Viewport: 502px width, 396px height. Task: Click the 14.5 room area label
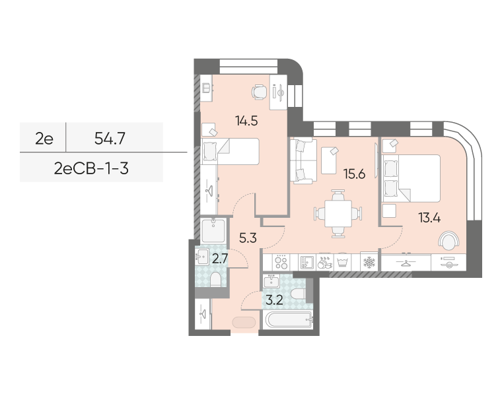point(246,121)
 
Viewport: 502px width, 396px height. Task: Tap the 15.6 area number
point(354,174)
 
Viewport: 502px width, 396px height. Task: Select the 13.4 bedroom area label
point(429,218)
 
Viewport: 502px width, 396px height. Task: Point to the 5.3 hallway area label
point(248,238)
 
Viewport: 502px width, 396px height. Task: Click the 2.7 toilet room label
point(220,259)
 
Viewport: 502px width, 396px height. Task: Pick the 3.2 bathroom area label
point(274,300)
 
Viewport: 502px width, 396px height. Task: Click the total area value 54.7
point(110,139)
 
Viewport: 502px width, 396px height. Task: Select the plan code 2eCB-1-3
point(91,168)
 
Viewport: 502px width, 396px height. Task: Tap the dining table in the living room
point(338,214)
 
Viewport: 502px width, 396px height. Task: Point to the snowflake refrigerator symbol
point(369,263)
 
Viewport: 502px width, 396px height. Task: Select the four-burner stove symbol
point(281,262)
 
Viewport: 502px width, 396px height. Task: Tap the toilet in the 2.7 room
point(215,280)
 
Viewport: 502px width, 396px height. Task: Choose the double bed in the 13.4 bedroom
point(412,178)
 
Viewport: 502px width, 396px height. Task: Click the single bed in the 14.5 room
point(230,152)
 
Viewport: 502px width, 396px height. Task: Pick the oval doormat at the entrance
point(244,323)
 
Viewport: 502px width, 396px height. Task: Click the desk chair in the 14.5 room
point(259,92)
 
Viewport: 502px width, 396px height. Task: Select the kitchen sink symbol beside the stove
point(306,262)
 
